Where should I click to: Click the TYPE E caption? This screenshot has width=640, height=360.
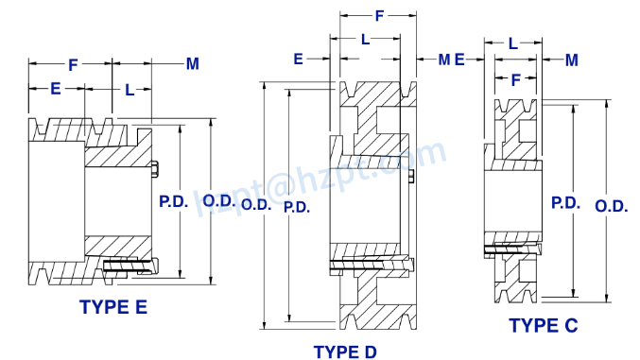click(113, 307)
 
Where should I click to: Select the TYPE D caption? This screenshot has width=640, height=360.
click(345, 351)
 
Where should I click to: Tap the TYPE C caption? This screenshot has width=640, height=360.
click(543, 326)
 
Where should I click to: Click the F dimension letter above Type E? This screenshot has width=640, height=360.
click(73, 65)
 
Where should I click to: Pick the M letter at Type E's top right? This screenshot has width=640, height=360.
click(192, 64)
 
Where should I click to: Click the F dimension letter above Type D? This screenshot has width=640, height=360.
click(379, 16)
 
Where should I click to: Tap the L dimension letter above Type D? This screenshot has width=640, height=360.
click(365, 39)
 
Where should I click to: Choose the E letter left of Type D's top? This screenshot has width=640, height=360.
click(298, 60)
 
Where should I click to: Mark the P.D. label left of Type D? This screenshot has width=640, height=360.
click(296, 207)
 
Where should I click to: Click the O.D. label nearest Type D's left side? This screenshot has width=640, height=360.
click(256, 203)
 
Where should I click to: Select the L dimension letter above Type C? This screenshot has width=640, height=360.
click(512, 43)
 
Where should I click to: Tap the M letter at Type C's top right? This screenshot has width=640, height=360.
click(571, 60)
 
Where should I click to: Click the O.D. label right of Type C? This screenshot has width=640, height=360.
click(612, 207)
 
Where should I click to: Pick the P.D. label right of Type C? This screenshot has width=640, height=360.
click(565, 202)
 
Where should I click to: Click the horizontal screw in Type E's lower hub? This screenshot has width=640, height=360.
click(128, 266)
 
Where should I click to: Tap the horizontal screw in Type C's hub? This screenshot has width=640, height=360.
click(511, 249)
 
